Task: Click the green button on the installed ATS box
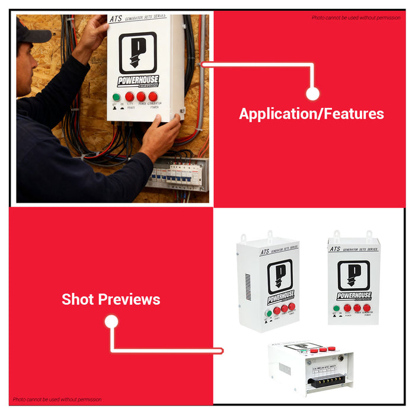pos(116,97)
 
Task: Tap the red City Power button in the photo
pos(129,97)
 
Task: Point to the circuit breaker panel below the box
pos(178,174)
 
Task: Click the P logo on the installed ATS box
pos(138,53)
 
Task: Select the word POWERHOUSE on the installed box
pos(138,81)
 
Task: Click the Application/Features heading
pos(311,114)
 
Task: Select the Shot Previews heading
pos(111,299)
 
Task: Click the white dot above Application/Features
pos(313,94)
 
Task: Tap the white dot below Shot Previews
pos(111,322)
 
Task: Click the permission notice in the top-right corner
pos(356,18)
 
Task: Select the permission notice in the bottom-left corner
pos(57,400)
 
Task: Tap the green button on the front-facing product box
pos(337,308)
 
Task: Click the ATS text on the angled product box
pos(265,252)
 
